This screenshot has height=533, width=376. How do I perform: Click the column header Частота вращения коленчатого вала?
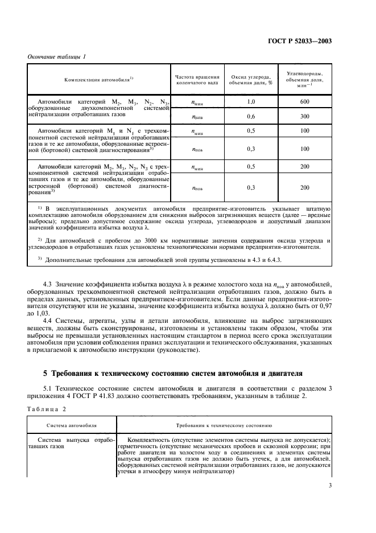tap(197, 79)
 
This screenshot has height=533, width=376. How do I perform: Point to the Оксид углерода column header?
tap(251, 79)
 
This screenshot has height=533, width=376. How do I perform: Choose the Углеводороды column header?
tap(305, 79)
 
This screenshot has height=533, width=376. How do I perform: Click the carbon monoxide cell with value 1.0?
tap(251, 101)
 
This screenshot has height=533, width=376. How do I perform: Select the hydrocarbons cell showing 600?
tap(305, 101)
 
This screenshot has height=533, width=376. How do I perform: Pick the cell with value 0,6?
tap(251, 116)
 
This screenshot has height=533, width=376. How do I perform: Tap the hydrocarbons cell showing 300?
tap(305, 116)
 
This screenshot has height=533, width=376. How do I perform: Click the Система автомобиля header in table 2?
tap(72, 425)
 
